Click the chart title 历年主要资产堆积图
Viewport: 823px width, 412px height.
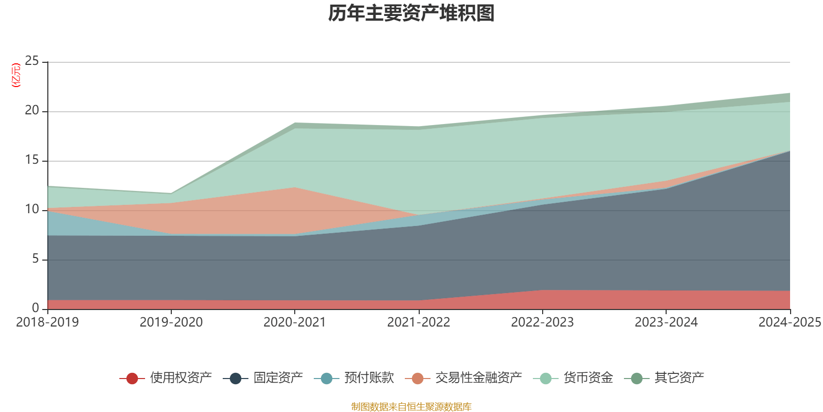pyautogui.click(x=411, y=14)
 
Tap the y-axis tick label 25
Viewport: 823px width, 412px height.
pyautogui.click(x=32, y=61)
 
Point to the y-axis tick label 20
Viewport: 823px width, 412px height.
pyautogui.click(x=32, y=111)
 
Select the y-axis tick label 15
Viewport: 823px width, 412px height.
pyautogui.click(x=32, y=160)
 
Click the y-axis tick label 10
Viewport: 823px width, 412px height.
pyautogui.click(x=32, y=210)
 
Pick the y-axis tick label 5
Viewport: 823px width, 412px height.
pyautogui.click(x=35, y=259)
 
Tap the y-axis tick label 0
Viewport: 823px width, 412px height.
pyautogui.click(x=35, y=308)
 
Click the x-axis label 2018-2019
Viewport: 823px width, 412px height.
pyautogui.click(x=47, y=322)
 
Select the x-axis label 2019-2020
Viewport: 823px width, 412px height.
pyautogui.click(x=171, y=322)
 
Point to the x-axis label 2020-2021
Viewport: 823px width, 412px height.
pyautogui.click(x=295, y=322)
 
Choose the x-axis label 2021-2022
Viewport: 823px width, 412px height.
pyautogui.click(x=419, y=322)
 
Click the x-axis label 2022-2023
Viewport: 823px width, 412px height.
pyautogui.click(x=542, y=322)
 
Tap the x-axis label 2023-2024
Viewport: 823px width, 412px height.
pyautogui.click(x=666, y=322)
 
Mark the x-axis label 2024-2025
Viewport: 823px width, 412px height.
pyautogui.click(x=790, y=322)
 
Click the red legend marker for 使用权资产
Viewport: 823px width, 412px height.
pyautogui.click(x=132, y=379)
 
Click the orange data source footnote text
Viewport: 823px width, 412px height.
pyautogui.click(x=411, y=407)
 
